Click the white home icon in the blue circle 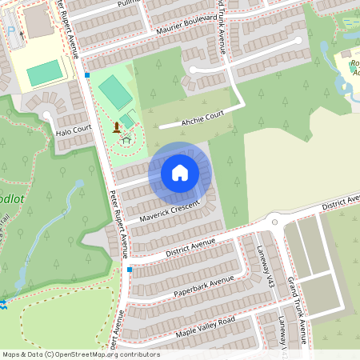click(x=180, y=173)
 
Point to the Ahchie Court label click(x=202, y=117)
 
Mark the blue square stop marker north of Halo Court click(x=86, y=75)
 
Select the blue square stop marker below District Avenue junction click(x=129, y=270)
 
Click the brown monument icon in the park click(x=117, y=127)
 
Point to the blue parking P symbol click(x=11, y=31)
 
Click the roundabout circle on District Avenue click(x=274, y=220)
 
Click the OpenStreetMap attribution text click(x=81, y=354)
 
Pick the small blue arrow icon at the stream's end click(x=3, y=303)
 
